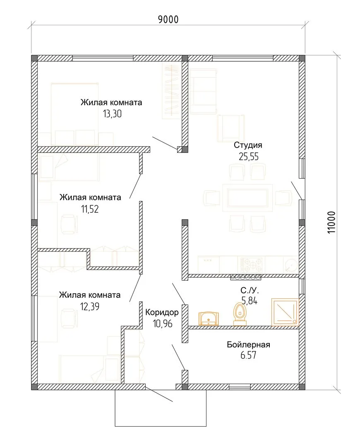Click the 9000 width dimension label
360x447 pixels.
point(168,19)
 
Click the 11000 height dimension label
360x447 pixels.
point(331,223)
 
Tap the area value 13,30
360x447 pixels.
point(112,114)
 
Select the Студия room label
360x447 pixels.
point(248,145)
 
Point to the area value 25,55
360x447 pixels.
point(249,156)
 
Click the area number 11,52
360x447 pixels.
point(90,209)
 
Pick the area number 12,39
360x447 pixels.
point(90,307)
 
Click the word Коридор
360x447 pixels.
point(162,312)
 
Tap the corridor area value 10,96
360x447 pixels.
point(163,324)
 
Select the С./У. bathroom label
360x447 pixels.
point(250,291)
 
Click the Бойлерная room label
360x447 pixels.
point(249,345)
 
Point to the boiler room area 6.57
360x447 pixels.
point(248,355)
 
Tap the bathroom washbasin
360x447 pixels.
point(209,318)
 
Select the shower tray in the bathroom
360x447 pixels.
point(285,312)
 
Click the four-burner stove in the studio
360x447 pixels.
point(251,265)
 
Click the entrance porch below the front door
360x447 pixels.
point(161,408)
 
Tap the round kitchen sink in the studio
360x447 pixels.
point(290,265)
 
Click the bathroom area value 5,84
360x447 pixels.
point(250,300)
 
